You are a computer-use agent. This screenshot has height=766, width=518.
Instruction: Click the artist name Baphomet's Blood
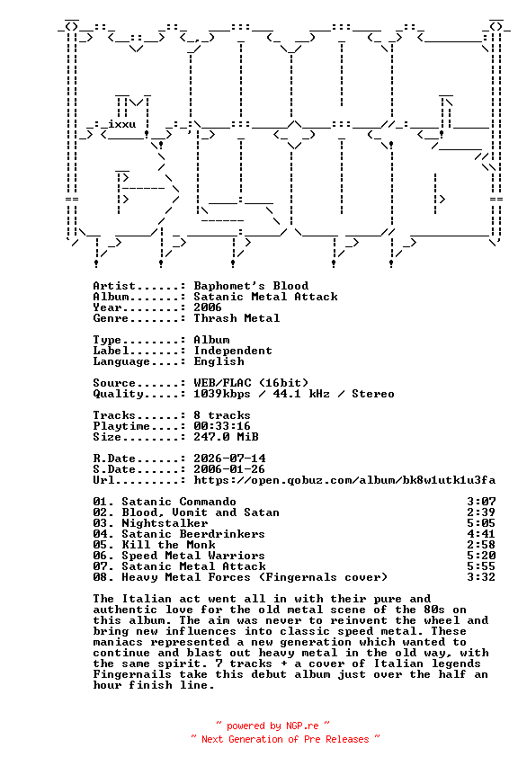(x=251, y=286)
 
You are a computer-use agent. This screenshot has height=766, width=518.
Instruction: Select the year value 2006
(x=208, y=307)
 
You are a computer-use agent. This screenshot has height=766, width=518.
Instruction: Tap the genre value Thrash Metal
(x=237, y=318)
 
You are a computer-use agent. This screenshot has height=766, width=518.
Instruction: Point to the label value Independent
(x=233, y=351)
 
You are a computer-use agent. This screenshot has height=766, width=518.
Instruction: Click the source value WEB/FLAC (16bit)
(x=251, y=382)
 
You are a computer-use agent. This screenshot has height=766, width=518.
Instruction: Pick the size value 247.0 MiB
(x=227, y=437)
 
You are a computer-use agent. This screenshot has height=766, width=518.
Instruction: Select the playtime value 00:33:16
(x=222, y=426)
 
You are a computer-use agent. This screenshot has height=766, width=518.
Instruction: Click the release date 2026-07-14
(x=229, y=459)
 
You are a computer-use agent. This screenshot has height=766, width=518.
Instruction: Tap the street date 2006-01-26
(x=229, y=469)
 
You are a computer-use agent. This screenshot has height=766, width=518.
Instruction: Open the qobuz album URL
(x=344, y=480)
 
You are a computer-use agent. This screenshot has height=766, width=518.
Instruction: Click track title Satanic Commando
(x=179, y=502)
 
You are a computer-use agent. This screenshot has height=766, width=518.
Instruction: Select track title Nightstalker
(x=165, y=523)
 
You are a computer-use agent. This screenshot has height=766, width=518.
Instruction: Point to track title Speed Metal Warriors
(x=193, y=556)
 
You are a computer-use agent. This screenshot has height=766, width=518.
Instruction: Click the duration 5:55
(x=481, y=566)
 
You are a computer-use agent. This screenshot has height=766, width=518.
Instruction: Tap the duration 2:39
(x=481, y=512)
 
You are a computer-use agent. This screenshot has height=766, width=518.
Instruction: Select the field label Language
(x=121, y=361)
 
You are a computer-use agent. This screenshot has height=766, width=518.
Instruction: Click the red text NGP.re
(x=302, y=726)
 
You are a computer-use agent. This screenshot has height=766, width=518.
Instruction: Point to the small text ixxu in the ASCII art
(x=122, y=123)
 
